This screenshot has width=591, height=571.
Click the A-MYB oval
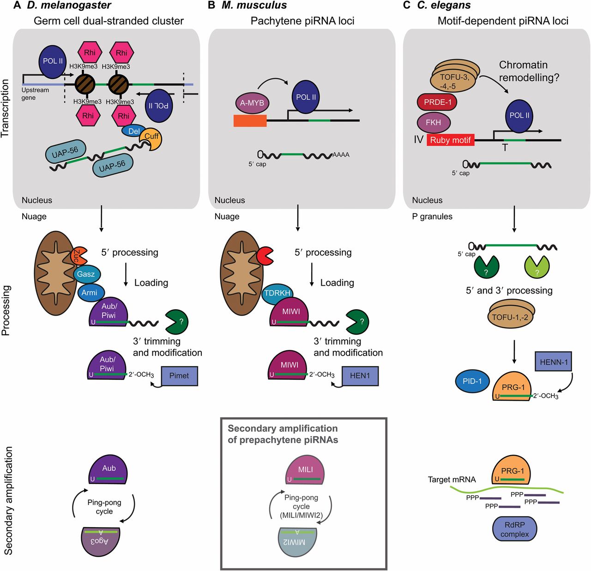[x=252, y=103]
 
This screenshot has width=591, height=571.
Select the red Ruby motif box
[x=450, y=140]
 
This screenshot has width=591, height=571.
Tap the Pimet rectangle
[x=179, y=376]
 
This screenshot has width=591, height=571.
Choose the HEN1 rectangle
[x=360, y=376]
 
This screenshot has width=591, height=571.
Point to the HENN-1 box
[x=554, y=362]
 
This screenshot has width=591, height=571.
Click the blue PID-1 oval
[x=472, y=381]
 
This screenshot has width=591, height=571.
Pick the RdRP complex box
[x=514, y=529]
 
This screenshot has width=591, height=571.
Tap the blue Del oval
[x=134, y=132]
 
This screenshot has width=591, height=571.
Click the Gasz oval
[x=86, y=274]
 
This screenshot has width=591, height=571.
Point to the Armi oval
[x=90, y=293]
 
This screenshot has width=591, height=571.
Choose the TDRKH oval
[x=277, y=293]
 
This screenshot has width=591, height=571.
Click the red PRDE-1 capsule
[x=437, y=102]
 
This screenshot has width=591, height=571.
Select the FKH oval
[x=434, y=122]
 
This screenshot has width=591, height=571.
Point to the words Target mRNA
[x=452, y=480]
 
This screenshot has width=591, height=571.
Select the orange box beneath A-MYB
[x=250, y=120]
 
